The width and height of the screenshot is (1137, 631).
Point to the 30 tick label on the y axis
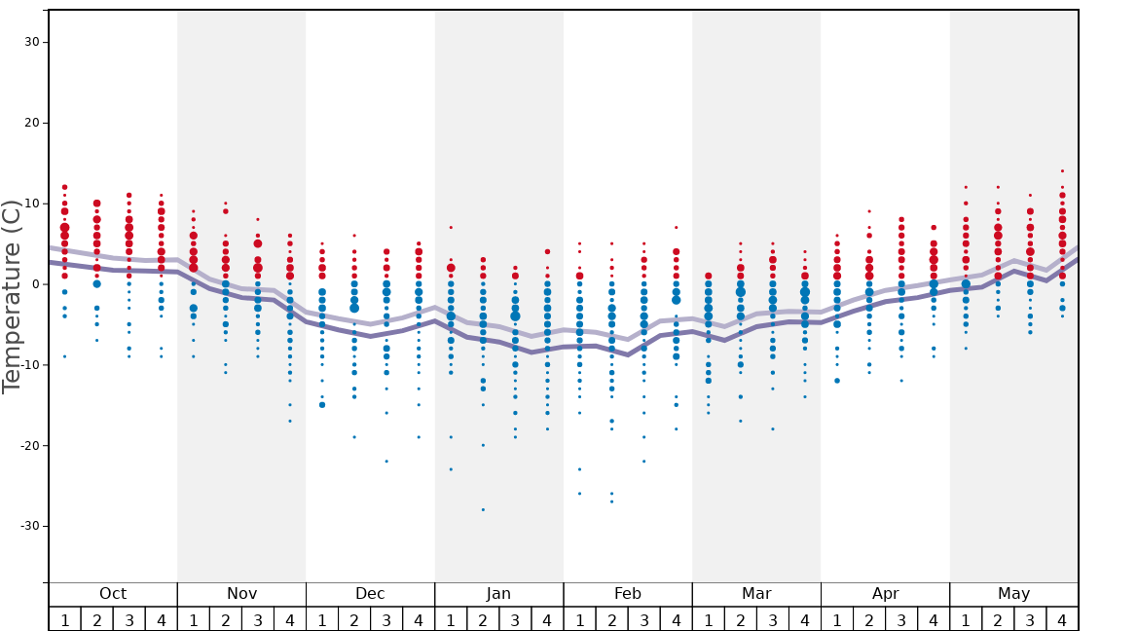point(32,42)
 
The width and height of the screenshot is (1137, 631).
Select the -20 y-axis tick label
point(29,445)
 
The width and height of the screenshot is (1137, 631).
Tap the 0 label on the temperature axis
point(35,284)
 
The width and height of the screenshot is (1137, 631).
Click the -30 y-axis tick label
point(29,526)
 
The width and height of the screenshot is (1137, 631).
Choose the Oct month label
point(113,594)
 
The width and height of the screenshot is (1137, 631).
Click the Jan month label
point(498,594)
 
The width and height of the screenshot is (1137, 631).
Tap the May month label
point(1013,594)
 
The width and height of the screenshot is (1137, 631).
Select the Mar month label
point(756,594)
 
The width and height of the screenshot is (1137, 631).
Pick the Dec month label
point(370,594)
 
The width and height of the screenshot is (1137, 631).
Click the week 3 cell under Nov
point(258,619)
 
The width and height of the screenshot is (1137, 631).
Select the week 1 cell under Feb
point(579,619)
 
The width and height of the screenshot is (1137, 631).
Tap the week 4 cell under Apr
point(934,619)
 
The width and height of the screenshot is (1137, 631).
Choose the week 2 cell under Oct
point(97,619)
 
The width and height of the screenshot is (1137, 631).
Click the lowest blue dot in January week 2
point(483,509)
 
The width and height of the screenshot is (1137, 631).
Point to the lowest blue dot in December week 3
point(386,462)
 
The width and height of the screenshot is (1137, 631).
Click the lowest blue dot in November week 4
point(290,421)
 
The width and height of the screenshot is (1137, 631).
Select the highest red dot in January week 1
point(451,228)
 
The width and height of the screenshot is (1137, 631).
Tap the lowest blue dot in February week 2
point(611,501)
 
